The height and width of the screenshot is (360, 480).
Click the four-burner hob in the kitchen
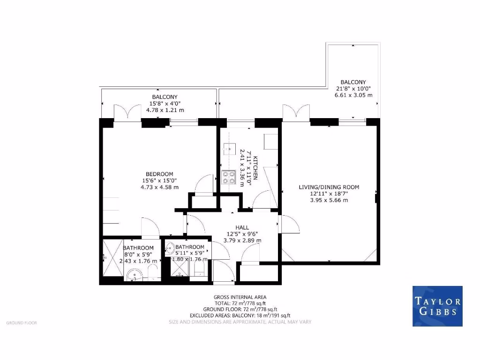click(x=228, y=177)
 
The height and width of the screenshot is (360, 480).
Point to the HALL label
click(x=242, y=227)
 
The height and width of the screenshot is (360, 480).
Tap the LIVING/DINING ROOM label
click(x=329, y=187)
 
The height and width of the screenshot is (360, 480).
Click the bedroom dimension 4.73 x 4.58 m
click(x=159, y=187)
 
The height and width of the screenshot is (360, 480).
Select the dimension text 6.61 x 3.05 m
click(x=353, y=95)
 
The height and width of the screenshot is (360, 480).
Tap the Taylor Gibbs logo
click(x=437, y=306)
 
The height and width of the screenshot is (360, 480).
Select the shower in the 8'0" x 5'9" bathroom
click(x=110, y=256)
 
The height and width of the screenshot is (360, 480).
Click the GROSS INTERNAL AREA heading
click(x=240, y=297)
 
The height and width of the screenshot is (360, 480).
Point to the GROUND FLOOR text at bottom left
click(x=22, y=323)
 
